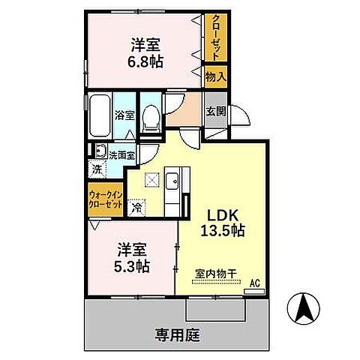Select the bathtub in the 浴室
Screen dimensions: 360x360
tap(99, 115)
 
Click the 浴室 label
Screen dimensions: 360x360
tap(124, 115)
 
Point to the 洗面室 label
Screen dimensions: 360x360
tap(121, 155)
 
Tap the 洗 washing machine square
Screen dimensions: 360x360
tap(97, 169)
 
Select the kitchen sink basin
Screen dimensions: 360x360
tap(172, 181)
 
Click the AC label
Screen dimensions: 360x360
tap(254, 283)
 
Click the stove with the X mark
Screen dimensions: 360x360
tap(152, 181)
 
